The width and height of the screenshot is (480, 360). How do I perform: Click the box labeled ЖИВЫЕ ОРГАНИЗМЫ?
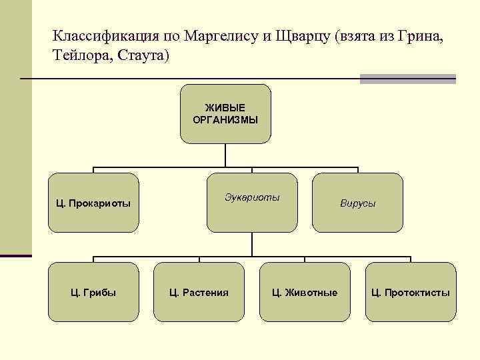pos(225,114)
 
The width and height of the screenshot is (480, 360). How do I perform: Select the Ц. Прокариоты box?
pos(93,203)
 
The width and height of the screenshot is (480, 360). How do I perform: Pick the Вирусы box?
pos(357,203)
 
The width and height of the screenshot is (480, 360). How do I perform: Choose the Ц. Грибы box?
pos(93,292)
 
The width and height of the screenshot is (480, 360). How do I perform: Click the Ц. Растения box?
pos(199,292)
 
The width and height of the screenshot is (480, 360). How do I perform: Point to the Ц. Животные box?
pos(304,292)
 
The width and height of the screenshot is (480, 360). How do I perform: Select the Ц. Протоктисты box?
pos(411,292)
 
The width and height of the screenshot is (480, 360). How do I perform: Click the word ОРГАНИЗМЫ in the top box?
pos(225,120)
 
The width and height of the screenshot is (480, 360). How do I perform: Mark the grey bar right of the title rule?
pos(407,79)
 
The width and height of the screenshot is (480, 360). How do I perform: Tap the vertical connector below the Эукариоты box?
pos(251,245)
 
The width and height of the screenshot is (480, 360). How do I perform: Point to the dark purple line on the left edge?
pos(16,255)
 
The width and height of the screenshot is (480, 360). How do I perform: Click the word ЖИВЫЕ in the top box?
pos(225,108)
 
